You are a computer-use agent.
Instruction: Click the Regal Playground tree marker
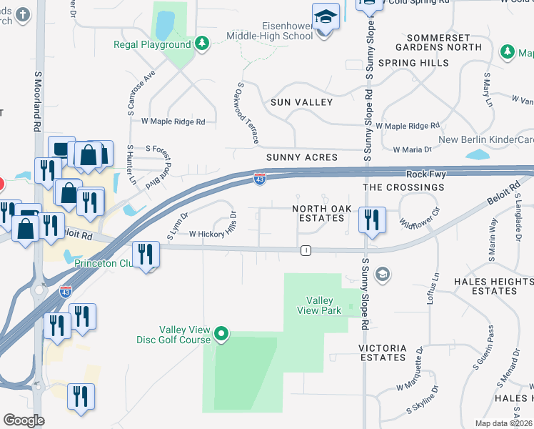tap(202, 44)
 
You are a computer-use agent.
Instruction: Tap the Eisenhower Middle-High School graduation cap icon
tap(325, 15)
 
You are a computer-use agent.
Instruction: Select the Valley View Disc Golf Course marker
tap(221, 332)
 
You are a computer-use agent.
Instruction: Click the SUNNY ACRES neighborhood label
tap(301, 157)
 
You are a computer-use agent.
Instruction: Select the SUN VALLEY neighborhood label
tap(301, 102)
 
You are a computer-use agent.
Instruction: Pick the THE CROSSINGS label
tap(403, 187)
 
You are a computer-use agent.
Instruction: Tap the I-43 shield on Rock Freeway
tap(260, 178)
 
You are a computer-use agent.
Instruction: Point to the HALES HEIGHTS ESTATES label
tap(495, 287)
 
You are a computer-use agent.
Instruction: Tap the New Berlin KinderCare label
tap(485, 139)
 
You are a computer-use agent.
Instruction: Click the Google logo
tap(24, 420)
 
